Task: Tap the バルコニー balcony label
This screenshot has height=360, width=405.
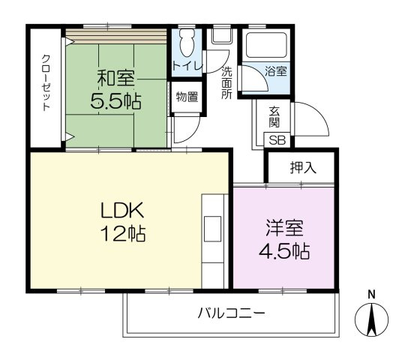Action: coord(231,313)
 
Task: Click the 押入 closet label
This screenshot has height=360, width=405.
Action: coord(303,168)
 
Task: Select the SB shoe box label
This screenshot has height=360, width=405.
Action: coord(277,140)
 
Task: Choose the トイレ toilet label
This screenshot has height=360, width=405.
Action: coord(187,66)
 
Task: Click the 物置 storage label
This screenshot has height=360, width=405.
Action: coord(187,96)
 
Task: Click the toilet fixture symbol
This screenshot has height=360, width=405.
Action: coord(187,43)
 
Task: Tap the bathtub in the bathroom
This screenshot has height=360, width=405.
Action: coord(265,47)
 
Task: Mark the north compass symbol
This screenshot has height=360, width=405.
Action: coord(371,320)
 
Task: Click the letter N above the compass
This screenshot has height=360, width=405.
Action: coord(371,293)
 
